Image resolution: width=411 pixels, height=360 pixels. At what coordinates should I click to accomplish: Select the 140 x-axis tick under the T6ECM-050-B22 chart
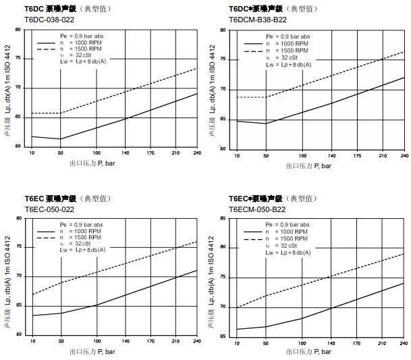(x=332, y=344)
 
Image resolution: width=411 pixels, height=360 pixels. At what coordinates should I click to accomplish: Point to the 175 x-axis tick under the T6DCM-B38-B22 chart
(x=356, y=156)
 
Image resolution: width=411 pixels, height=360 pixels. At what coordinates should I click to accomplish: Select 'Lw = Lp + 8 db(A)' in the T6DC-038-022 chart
(x=81, y=61)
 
